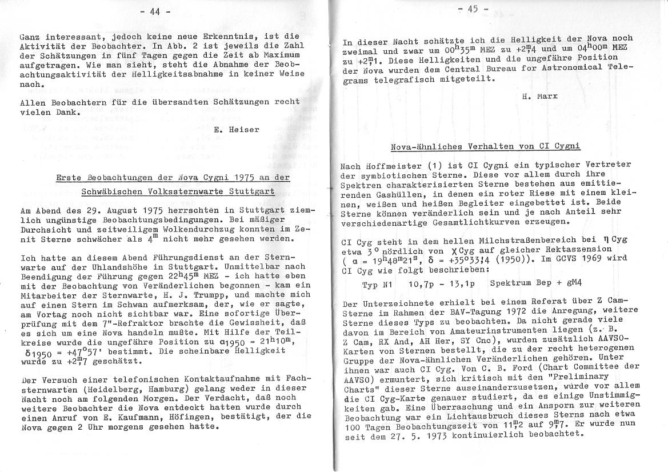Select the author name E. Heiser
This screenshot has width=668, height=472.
coord(236,130)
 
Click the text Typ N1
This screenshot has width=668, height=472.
coord(378,284)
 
